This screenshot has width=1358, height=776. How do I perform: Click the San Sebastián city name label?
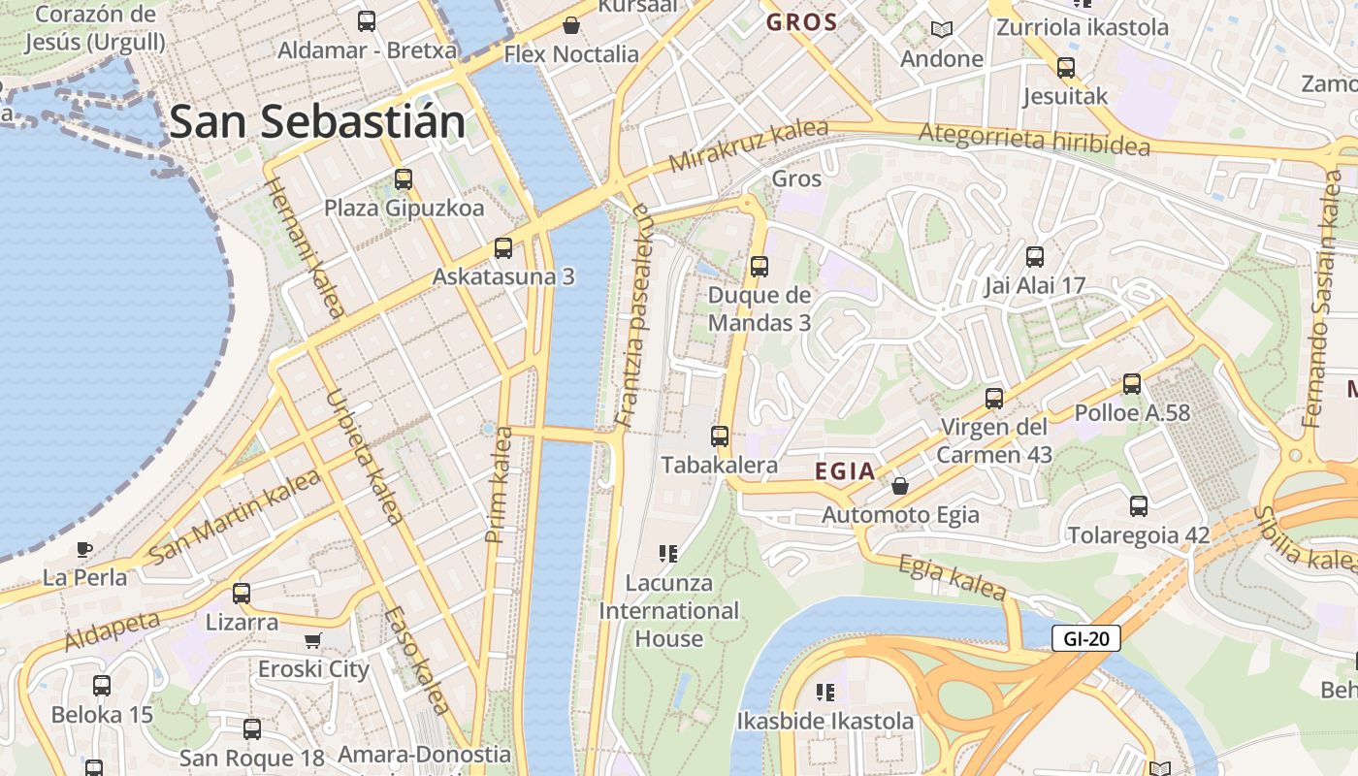click(317, 122)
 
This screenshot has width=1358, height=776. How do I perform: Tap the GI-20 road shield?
click(1085, 638)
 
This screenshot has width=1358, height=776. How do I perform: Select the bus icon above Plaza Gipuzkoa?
click(404, 179)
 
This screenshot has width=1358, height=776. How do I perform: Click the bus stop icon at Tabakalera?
click(720, 436)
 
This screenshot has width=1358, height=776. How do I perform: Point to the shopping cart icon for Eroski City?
click(313, 640)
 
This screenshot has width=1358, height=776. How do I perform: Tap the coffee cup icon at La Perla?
click(84, 549)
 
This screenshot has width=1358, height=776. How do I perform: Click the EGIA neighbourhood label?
click(845, 472)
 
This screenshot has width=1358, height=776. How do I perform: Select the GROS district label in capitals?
click(801, 22)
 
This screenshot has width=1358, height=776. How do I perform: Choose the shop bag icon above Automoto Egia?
click(900, 485)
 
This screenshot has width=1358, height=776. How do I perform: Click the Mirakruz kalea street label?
click(748, 146)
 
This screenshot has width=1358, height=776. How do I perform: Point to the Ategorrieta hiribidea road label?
click(1034, 140)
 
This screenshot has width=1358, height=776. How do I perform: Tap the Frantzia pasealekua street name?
click(633, 315)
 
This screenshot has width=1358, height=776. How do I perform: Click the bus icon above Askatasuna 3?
click(503, 248)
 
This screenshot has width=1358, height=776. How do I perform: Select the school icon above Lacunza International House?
click(667, 554)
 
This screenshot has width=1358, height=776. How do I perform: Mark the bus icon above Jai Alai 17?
click(1035, 257)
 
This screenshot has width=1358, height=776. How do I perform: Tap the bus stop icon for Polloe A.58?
click(1132, 384)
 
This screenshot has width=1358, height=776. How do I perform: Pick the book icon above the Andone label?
click(941, 29)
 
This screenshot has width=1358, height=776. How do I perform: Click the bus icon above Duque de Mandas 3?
click(760, 266)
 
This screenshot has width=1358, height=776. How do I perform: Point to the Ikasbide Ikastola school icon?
click(825, 693)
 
